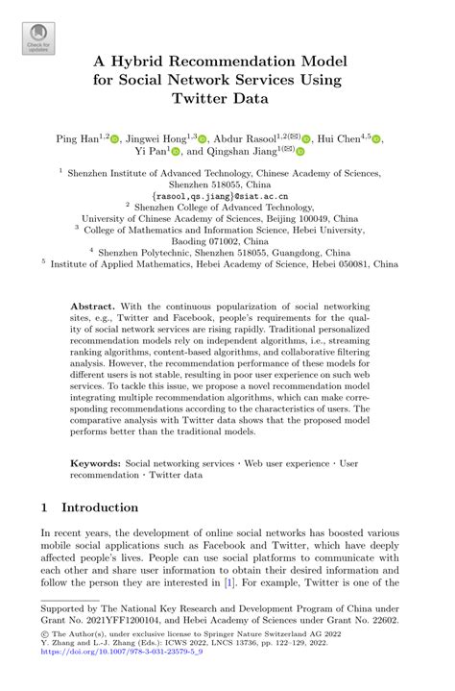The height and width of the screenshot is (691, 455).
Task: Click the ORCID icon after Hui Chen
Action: pos(376,139)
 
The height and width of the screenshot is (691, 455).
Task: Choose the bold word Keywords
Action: pos(95,463)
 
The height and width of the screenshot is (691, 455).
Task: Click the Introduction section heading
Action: pos(100,507)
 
